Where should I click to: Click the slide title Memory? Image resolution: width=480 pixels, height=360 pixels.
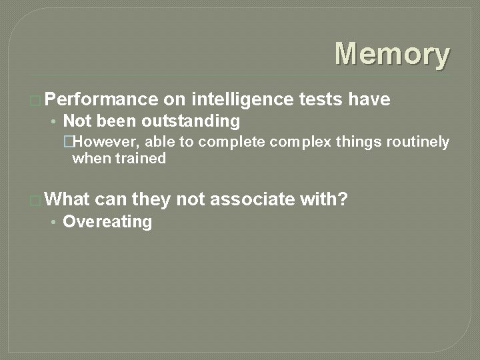pos(392,55)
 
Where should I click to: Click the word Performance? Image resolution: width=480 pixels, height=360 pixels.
pos(104,100)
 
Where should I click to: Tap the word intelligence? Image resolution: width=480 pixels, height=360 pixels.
pos(242,100)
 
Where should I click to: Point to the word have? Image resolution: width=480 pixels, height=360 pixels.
pos(369,100)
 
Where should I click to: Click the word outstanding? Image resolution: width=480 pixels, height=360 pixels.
pos(191,121)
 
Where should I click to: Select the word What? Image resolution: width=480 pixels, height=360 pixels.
pos(69,199)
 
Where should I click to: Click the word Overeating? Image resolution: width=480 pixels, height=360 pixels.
pos(107,222)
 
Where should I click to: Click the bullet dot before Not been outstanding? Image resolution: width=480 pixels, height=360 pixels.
pos(53,122)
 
